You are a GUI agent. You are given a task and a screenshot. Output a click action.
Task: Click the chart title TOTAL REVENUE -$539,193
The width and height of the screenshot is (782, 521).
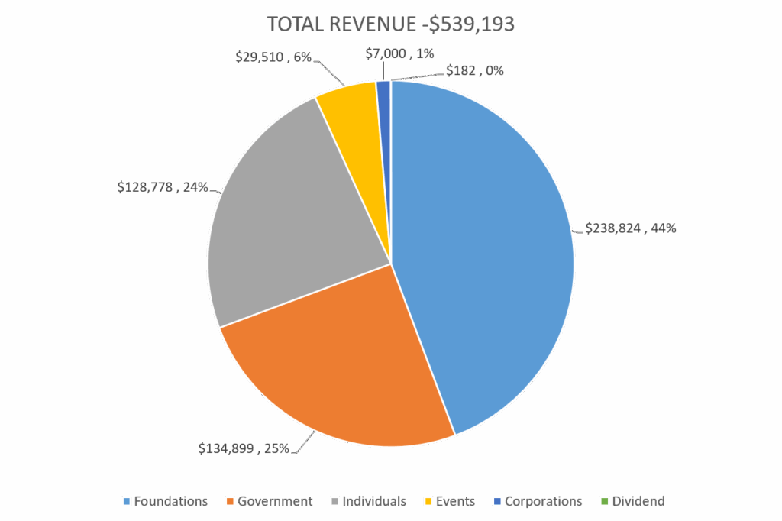click(391, 24)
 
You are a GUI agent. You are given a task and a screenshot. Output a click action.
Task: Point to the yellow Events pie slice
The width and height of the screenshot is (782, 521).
click(347, 115)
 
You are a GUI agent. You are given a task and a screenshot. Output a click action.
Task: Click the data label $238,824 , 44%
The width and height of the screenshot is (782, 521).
click(630, 228)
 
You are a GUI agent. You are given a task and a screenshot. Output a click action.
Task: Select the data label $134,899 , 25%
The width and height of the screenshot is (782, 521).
click(244, 448)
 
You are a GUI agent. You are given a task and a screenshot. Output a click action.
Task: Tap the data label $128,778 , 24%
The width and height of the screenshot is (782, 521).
click(163, 186)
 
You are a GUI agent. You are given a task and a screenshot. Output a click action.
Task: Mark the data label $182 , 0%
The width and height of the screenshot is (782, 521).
click(474, 71)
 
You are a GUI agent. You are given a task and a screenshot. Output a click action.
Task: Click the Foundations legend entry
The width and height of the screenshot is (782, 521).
click(170, 501)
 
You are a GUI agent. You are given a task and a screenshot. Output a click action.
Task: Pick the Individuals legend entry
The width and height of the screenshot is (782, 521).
click(373, 501)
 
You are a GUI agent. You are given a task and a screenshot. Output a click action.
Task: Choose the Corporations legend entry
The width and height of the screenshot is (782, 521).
click(543, 501)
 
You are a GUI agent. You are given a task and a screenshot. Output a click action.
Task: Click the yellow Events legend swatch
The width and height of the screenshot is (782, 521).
click(429, 501)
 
